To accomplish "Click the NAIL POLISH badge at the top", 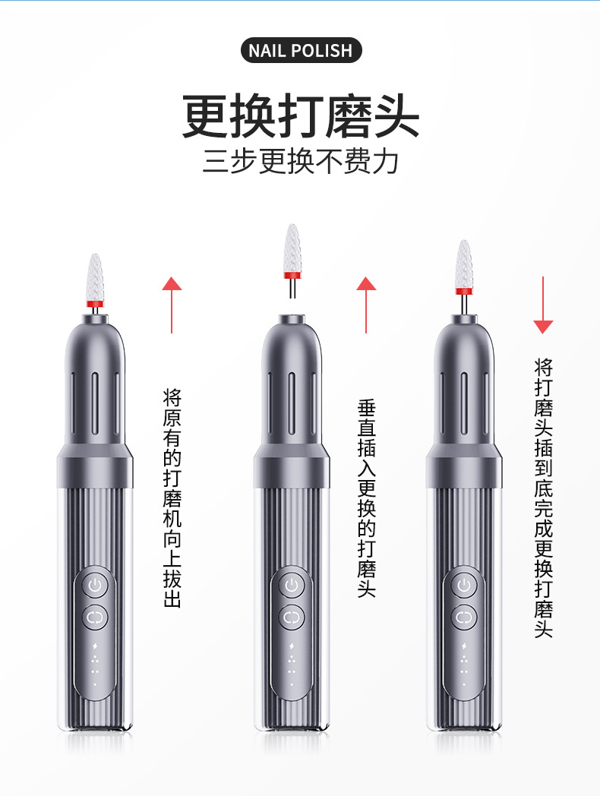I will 301,51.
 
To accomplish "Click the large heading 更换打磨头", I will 301,115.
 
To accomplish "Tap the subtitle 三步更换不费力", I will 301,162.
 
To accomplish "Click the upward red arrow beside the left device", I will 172,304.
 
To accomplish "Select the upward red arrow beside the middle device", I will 366,304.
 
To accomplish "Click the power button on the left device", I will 95,586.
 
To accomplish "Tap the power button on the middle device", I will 291,586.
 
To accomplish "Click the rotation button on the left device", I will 95,618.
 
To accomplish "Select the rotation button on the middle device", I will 291,618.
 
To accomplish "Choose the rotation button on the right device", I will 463,618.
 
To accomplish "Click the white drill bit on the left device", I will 95,276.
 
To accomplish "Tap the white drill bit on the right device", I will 463,264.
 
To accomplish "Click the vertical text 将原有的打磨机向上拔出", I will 172,498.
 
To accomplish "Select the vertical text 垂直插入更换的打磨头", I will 367,498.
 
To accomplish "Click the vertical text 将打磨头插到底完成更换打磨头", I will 543,498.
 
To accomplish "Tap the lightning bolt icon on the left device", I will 95,646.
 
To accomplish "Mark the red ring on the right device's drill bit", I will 463,291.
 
